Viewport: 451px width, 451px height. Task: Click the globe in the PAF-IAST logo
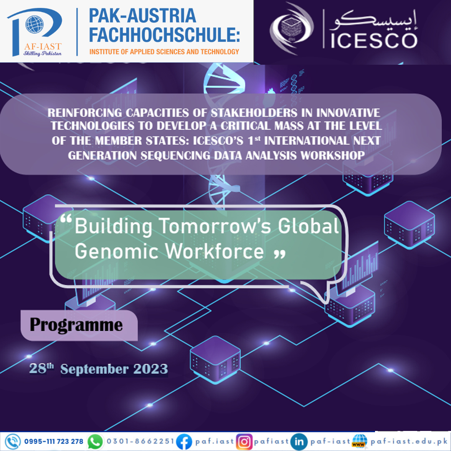[35, 25]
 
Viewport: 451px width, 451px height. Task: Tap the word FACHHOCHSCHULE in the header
[164, 35]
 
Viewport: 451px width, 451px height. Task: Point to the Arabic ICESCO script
[374, 20]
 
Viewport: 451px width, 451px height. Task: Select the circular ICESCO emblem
[291, 29]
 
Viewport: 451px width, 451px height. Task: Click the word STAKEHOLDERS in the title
[254, 113]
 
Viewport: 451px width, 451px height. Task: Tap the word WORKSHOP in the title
[333, 156]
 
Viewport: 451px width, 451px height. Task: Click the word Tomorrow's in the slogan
[215, 226]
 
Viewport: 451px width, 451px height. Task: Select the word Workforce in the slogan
[215, 251]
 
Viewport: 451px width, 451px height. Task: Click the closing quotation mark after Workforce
[279, 254]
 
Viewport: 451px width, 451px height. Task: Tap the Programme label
[76, 325]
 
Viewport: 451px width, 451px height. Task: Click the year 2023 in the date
[150, 369]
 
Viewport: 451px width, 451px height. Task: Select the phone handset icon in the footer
[13, 441]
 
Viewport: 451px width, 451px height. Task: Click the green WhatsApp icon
[95, 442]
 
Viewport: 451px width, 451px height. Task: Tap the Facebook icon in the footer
[184, 442]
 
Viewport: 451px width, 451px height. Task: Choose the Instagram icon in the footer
[244, 442]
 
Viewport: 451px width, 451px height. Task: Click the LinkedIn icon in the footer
[299, 442]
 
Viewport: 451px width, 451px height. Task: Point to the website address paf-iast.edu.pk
[409, 441]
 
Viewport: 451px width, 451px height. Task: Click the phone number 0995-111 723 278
[53, 441]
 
